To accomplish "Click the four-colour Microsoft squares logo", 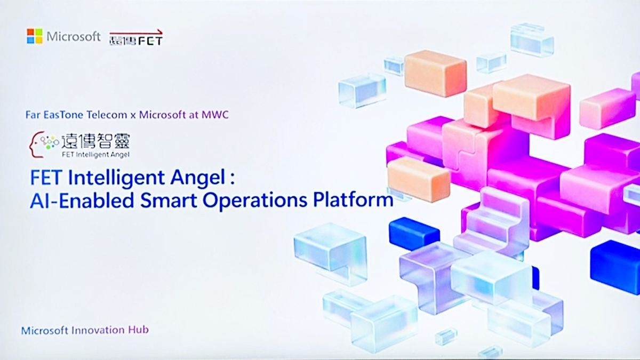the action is [x=35, y=36].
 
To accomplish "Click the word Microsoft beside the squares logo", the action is [x=74, y=37].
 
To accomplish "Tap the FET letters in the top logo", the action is [x=150, y=41].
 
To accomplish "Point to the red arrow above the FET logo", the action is [x=136, y=33].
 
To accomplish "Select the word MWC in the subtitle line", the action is [x=215, y=115].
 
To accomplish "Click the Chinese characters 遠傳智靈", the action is [x=95, y=141].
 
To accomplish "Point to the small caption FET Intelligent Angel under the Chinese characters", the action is [x=95, y=155].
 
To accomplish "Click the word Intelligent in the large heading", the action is [x=117, y=178].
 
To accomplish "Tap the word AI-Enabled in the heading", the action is [x=82, y=201].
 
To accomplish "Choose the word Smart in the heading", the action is [x=169, y=201].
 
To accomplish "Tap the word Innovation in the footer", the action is [x=98, y=330].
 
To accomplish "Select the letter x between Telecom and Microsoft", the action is [x=133, y=116].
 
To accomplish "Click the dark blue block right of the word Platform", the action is [x=414, y=234].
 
